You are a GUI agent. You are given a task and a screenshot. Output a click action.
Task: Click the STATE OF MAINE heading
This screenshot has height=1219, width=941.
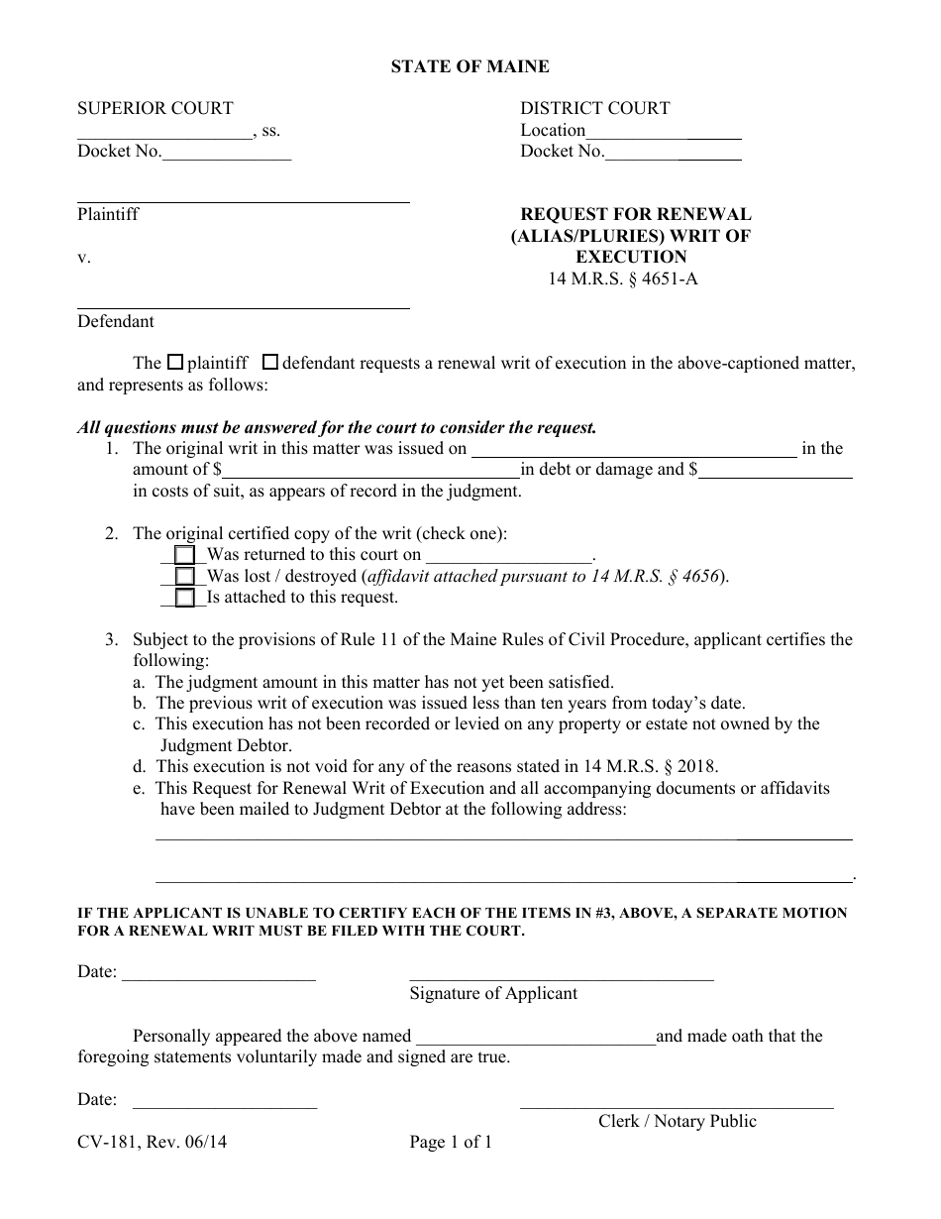pyautogui.click(x=470, y=66)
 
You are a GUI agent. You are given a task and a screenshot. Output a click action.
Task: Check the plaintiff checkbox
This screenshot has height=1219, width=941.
pyautogui.click(x=175, y=363)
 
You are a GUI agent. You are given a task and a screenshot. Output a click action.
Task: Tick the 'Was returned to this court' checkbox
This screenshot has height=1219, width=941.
pyautogui.click(x=184, y=555)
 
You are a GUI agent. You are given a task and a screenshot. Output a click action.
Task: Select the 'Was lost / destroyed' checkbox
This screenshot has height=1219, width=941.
pyautogui.click(x=184, y=576)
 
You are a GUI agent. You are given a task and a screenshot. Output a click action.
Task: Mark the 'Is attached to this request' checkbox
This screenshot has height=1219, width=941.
pyautogui.click(x=184, y=598)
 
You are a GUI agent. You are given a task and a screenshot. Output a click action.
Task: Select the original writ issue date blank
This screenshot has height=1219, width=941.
pyautogui.click(x=633, y=450)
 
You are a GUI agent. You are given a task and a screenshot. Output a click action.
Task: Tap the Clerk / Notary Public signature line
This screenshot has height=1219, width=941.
pyautogui.click(x=677, y=1101)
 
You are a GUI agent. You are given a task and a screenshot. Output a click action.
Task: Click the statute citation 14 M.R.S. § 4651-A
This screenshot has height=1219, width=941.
pyautogui.click(x=624, y=278)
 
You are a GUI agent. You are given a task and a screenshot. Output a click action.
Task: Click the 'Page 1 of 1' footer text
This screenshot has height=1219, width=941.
pyautogui.click(x=451, y=1143)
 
